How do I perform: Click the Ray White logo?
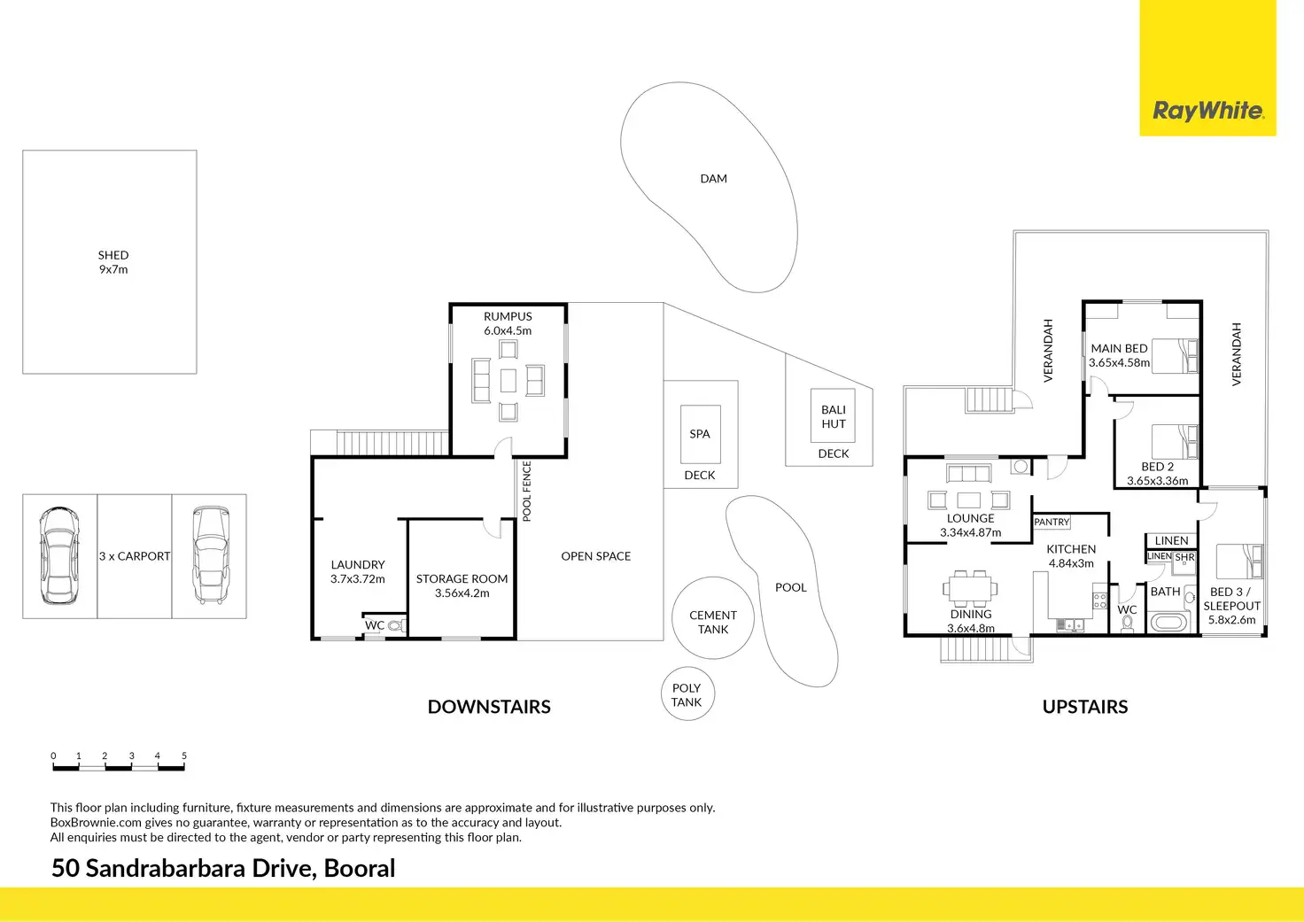coord(1207,111)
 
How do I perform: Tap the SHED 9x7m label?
coord(113,262)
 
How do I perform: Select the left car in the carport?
coord(58,555)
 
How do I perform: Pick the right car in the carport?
coord(210,555)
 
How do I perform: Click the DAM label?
coord(713,179)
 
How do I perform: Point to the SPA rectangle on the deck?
coord(700,434)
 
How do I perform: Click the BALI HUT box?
coord(833,416)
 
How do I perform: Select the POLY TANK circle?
coord(687,694)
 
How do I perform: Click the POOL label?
coord(790,587)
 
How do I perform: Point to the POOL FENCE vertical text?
coord(527,491)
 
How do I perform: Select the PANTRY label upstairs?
coord(1052,523)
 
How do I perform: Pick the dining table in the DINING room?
coord(971,586)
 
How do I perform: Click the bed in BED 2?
coord(1175,440)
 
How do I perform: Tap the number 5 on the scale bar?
coord(184,756)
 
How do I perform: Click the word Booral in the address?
coord(360,868)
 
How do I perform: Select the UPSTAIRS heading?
coord(1085,707)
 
